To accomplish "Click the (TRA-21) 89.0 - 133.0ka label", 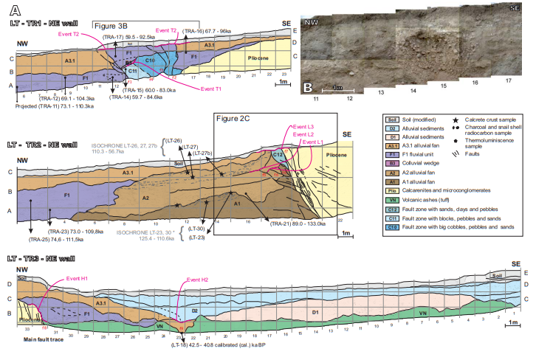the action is pos(298,223).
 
